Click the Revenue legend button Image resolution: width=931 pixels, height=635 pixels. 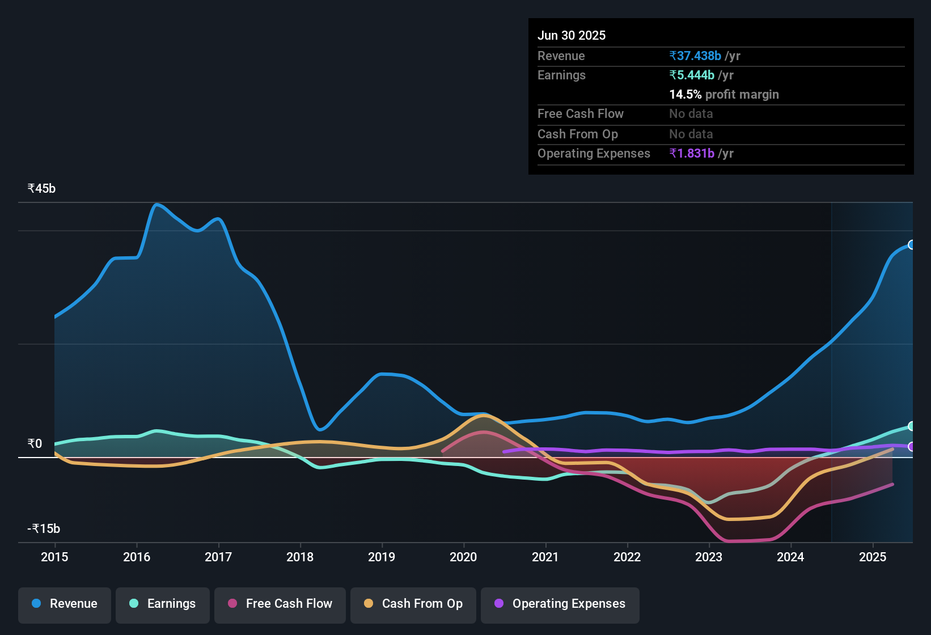(65, 604)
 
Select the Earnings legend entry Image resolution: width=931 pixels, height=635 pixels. (162, 604)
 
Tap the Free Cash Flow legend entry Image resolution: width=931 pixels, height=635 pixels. (280, 604)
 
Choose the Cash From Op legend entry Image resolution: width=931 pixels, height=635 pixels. (413, 604)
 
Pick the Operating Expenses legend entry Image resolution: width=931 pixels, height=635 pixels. (560, 604)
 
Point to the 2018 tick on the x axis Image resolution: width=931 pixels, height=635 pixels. (300, 557)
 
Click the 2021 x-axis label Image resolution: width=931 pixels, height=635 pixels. (545, 557)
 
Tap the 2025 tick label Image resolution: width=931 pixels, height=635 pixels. (872, 557)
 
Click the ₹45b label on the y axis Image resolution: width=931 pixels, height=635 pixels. (41, 189)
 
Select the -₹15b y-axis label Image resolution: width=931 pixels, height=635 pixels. (44, 528)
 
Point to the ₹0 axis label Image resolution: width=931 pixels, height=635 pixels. (35, 443)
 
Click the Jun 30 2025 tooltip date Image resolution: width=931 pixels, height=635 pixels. (572, 35)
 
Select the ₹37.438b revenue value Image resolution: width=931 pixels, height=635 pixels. (695, 56)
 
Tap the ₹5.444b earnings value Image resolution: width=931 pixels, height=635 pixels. (692, 75)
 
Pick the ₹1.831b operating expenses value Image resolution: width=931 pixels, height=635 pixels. (692, 153)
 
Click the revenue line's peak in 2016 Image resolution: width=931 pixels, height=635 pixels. (157, 205)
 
